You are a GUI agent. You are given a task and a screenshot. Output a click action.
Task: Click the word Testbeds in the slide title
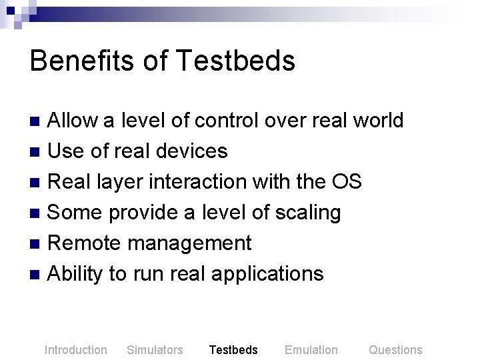236,61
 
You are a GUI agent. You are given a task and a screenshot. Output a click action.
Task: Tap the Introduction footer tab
75,350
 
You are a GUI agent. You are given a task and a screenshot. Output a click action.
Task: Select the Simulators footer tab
155,350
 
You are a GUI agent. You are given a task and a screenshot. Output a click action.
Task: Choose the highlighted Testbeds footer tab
233,350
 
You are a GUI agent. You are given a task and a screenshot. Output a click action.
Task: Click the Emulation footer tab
311,350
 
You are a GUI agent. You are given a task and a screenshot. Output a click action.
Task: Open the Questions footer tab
395,350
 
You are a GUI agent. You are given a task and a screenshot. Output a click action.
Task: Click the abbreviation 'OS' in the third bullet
346,182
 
